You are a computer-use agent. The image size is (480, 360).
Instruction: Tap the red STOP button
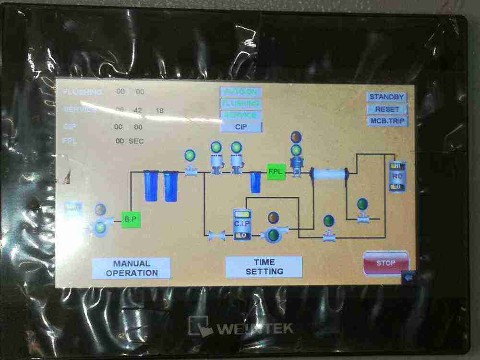click(386, 263)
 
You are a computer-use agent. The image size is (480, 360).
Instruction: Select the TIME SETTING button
click(264, 267)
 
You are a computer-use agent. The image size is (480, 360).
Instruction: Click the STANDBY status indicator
click(387, 97)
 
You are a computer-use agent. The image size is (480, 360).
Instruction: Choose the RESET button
click(387, 109)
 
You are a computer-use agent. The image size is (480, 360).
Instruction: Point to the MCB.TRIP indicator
click(387, 121)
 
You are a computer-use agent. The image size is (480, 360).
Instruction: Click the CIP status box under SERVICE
click(241, 127)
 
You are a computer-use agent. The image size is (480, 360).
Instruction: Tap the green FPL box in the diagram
click(276, 171)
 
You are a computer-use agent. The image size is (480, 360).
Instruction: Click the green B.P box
click(131, 220)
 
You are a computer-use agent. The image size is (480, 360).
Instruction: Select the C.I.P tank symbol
click(242, 225)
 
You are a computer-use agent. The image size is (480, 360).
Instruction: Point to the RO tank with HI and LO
click(397, 176)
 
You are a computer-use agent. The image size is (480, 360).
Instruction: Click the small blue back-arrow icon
click(409, 277)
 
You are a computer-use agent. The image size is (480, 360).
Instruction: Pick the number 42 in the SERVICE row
click(138, 110)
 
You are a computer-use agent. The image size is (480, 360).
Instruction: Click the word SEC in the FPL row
click(136, 141)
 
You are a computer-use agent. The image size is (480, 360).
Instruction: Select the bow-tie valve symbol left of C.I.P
click(216, 236)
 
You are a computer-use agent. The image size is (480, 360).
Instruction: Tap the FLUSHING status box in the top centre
click(241, 103)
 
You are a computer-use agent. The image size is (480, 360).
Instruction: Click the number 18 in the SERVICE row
click(159, 111)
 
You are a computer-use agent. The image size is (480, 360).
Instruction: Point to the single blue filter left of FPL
click(255, 183)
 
